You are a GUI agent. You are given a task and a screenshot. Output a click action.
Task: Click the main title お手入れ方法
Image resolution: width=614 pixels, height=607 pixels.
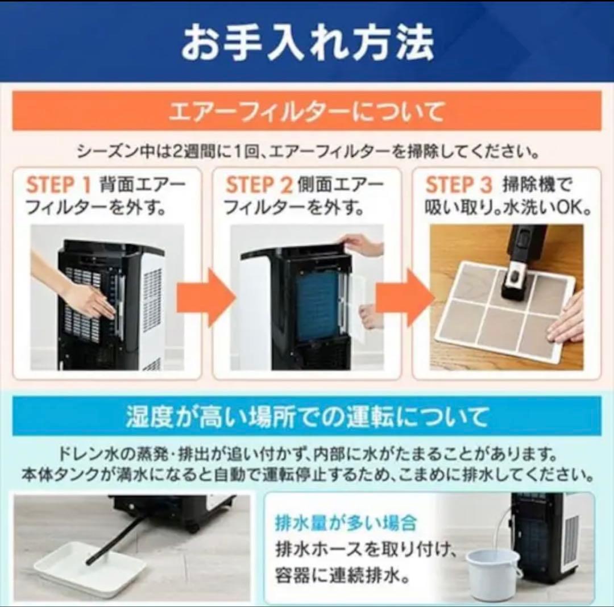pyautogui.click(x=307, y=43)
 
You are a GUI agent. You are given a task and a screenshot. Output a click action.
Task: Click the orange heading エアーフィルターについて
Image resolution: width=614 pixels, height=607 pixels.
pyautogui.click(x=307, y=112)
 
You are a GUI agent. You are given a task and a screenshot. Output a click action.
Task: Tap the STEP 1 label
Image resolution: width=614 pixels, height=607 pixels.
pyautogui.click(x=59, y=185)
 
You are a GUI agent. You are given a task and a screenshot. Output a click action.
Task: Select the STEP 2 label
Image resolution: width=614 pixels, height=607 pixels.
pyautogui.click(x=259, y=185)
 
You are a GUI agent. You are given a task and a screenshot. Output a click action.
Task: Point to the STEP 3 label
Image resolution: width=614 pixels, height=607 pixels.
pyautogui.click(x=458, y=185)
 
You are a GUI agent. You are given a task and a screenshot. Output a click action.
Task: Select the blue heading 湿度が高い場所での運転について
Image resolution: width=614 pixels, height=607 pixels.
pyautogui.click(x=307, y=417)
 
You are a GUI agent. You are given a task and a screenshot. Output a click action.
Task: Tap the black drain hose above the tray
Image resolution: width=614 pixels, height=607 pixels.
pyautogui.click(x=117, y=541)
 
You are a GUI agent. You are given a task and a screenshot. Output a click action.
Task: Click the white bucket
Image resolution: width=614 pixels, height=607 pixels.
pyautogui.click(x=492, y=572)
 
